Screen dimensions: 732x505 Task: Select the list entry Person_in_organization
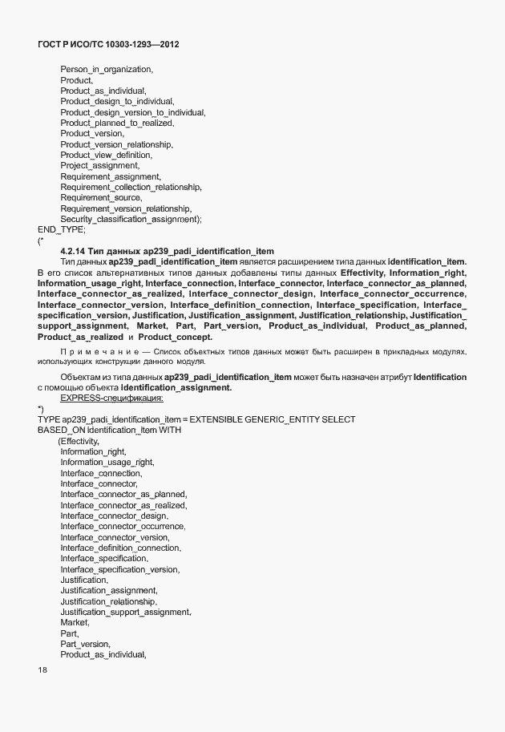[x=106, y=70]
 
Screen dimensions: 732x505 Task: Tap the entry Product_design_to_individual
[x=116, y=102]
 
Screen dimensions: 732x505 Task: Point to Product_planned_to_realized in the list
[x=117, y=123]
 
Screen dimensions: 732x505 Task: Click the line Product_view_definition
[x=106, y=155]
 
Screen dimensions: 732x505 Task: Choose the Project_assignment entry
[x=99, y=165]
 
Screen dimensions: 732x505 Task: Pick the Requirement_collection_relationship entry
[x=131, y=187]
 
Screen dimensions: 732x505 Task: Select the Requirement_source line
[x=101, y=197]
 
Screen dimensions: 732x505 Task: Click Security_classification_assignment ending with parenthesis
[x=131, y=219]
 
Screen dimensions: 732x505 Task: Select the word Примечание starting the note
[x=94, y=352]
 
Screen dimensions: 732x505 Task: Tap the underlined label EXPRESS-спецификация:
[x=111, y=398]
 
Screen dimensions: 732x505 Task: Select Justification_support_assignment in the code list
[x=125, y=612]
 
